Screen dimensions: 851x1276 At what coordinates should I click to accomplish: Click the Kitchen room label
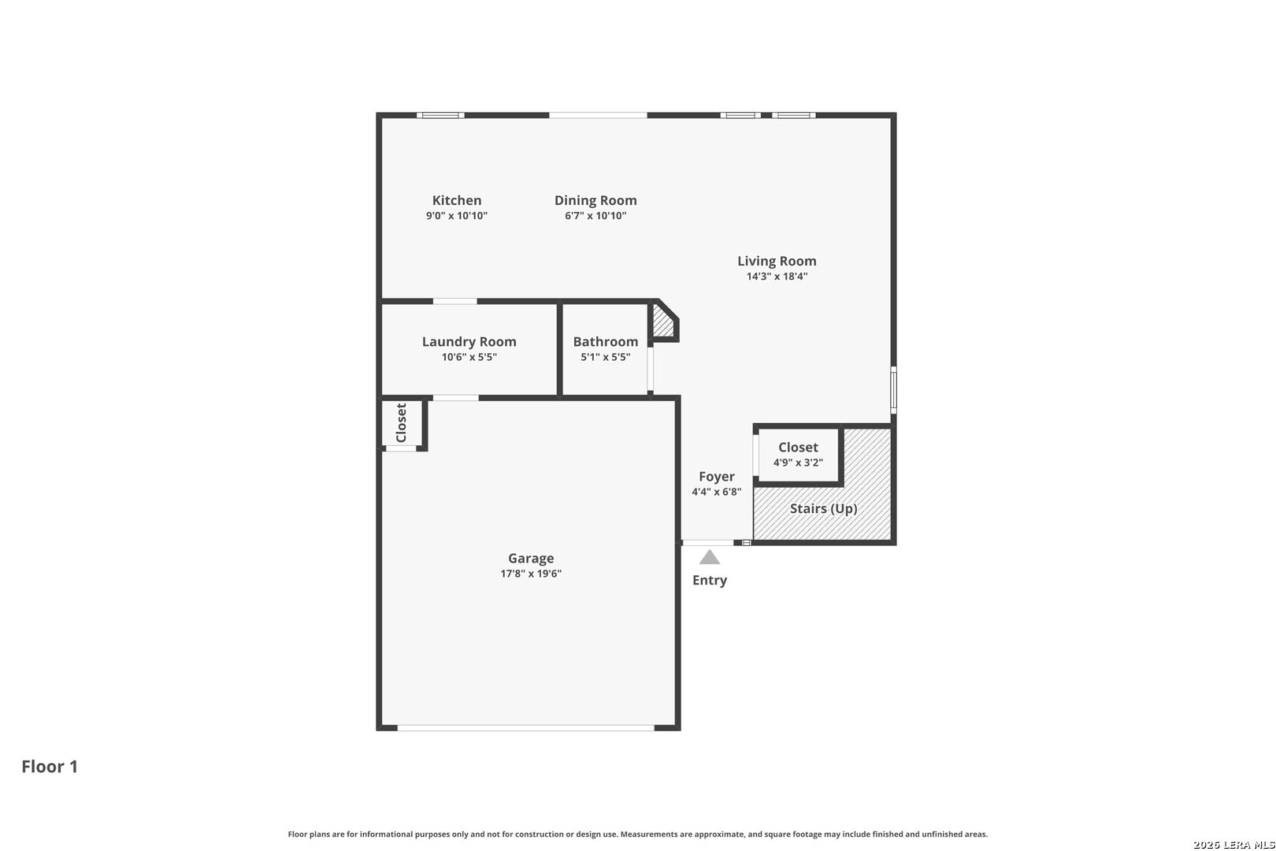pyautogui.click(x=457, y=200)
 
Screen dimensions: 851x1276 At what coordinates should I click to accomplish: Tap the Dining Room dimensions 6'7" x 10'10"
pyautogui.click(x=595, y=216)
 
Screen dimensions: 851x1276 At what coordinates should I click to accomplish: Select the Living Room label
pyautogui.click(x=777, y=261)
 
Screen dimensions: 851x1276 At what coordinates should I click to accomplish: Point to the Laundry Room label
pyautogui.click(x=469, y=341)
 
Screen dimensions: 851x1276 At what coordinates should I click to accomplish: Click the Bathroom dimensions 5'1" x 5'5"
pyautogui.click(x=606, y=357)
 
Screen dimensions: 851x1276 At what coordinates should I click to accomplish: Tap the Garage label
pyautogui.click(x=531, y=558)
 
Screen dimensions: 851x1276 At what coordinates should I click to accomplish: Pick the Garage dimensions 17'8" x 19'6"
pyautogui.click(x=531, y=574)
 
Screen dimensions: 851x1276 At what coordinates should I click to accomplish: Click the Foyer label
pyautogui.click(x=717, y=476)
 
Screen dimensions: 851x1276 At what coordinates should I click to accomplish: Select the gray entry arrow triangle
pyautogui.click(x=710, y=558)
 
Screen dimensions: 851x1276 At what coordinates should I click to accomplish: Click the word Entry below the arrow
pyautogui.click(x=710, y=580)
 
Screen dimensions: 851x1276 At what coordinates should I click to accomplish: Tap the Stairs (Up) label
pyautogui.click(x=823, y=508)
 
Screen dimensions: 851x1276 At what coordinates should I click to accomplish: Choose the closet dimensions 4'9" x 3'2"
pyautogui.click(x=798, y=463)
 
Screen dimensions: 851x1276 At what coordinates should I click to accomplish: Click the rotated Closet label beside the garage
pyautogui.click(x=401, y=422)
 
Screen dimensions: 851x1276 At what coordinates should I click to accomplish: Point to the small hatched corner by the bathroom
pyautogui.click(x=662, y=323)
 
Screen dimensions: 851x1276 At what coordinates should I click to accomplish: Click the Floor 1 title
pyautogui.click(x=50, y=766)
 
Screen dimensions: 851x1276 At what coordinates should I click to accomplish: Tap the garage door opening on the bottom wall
pyautogui.click(x=525, y=727)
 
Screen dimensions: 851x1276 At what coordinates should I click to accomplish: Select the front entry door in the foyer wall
pyautogui.click(x=707, y=542)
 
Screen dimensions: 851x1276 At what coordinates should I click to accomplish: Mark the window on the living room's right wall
pyautogui.click(x=893, y=389)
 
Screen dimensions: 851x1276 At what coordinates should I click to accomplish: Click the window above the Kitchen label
pyautogui.click(x=440, y=116)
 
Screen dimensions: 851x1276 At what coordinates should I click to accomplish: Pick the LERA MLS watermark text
pyautogui.click(x=1233, y=844)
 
